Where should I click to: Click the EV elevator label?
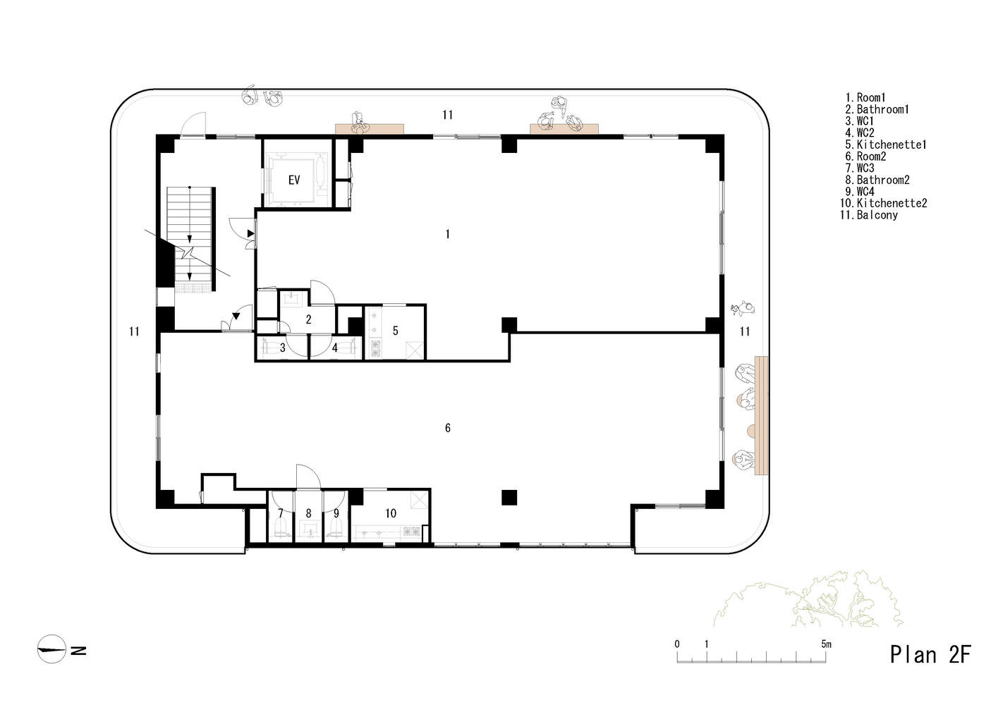294,180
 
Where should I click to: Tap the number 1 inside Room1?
447,234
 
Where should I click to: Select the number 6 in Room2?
448,428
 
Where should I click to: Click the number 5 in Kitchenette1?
395,331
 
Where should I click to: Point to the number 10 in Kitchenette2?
391,513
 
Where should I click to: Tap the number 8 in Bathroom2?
308,513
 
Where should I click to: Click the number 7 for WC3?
281,513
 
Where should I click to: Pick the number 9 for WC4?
336,513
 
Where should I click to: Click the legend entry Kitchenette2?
884,204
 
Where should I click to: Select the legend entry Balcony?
869,215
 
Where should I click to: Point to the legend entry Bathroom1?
877,109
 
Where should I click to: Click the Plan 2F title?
930,655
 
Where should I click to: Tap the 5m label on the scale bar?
826,644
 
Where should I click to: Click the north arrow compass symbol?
51,649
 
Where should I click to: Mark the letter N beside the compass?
79,651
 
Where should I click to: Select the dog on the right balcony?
743,308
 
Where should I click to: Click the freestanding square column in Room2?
509,498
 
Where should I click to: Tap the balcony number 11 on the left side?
134,331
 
